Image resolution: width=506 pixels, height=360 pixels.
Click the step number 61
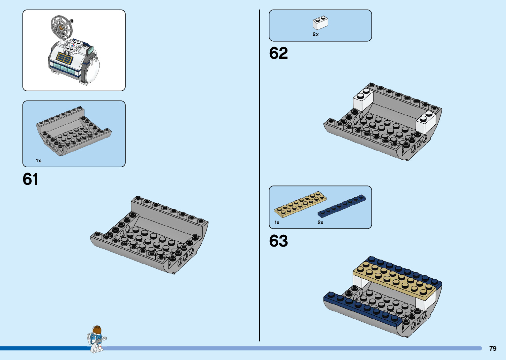click(x=30, y=179)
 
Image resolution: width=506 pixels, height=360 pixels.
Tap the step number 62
click(x=278, y=53)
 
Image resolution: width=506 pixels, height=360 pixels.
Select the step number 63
click(x=278, y=241)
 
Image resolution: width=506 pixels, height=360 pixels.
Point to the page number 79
click(x=492, y=348)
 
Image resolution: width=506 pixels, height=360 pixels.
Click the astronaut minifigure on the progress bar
click(x=97, y=339)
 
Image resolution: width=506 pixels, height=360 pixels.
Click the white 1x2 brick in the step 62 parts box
click(x=320, y=23)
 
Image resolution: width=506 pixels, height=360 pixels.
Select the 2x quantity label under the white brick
click(x=316, y=34)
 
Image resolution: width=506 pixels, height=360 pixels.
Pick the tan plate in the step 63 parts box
click(x=300, y=204)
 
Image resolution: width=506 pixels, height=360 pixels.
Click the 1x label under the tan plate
click(x=277, y=222)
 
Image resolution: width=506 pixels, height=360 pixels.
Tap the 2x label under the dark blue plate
click(x=320, y=222)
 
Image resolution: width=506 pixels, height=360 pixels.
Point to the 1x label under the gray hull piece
click(x=39, y=161)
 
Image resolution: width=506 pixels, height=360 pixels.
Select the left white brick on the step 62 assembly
click(x=363, y=99)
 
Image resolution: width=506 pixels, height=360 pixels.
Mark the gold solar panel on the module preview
click(x=64, y=59)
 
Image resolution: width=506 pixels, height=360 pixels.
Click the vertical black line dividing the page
click(x=259, y=175)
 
